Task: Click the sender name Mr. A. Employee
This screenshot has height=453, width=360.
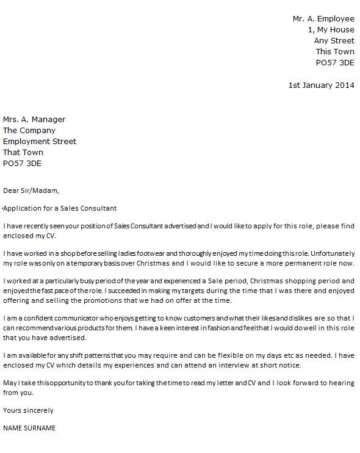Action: (323, 19)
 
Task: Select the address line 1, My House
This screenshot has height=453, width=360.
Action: (331, 30)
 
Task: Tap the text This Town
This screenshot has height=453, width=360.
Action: (335, 52)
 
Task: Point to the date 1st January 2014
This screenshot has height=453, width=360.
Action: (321, 85)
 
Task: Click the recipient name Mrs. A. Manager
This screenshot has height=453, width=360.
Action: (34, 119)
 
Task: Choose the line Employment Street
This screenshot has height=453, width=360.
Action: (40, 141)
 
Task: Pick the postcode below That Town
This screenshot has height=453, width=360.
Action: (23, 163)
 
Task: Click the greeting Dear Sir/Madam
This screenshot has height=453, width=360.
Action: (32, 190)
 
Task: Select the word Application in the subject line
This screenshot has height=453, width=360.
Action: (21, 208)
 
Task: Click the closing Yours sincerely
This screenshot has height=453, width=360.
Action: (28, 410)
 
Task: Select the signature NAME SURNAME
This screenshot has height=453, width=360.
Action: (29, 429)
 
